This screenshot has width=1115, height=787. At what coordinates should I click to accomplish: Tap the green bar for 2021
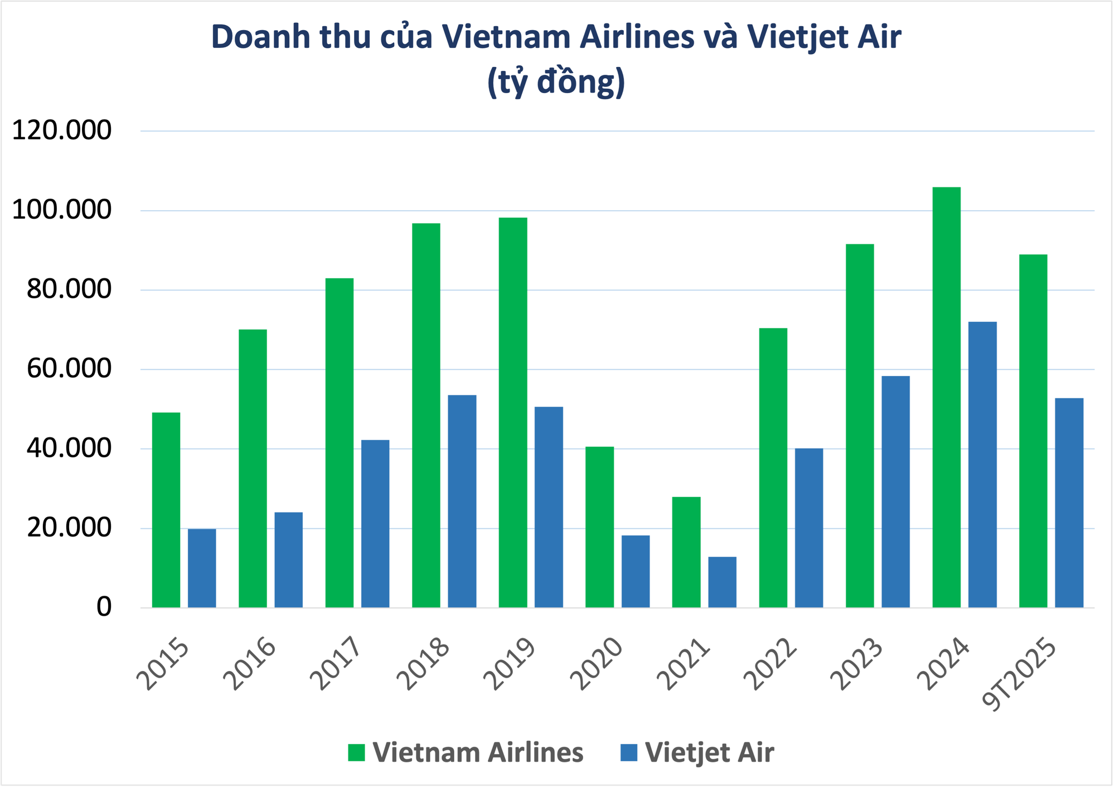686,552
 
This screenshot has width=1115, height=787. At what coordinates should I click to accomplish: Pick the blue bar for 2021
722,582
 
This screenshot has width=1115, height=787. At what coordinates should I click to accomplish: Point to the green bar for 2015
166,510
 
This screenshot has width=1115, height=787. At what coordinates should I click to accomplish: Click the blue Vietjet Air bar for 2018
462,501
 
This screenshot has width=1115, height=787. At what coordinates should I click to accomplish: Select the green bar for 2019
513,413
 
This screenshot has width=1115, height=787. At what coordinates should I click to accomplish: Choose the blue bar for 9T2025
1069,503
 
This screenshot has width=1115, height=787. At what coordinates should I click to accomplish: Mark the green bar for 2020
599,527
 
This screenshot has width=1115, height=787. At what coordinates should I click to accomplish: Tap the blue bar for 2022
809,528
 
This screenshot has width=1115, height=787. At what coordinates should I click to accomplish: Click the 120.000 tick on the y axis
62,131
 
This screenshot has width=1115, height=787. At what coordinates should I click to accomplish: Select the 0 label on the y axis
104,607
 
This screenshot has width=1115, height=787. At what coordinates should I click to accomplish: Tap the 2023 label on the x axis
856,664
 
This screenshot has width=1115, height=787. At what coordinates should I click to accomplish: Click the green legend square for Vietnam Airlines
356,752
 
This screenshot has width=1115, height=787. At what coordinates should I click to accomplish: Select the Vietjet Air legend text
709,752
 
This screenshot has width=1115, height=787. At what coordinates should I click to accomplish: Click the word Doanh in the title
260,37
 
